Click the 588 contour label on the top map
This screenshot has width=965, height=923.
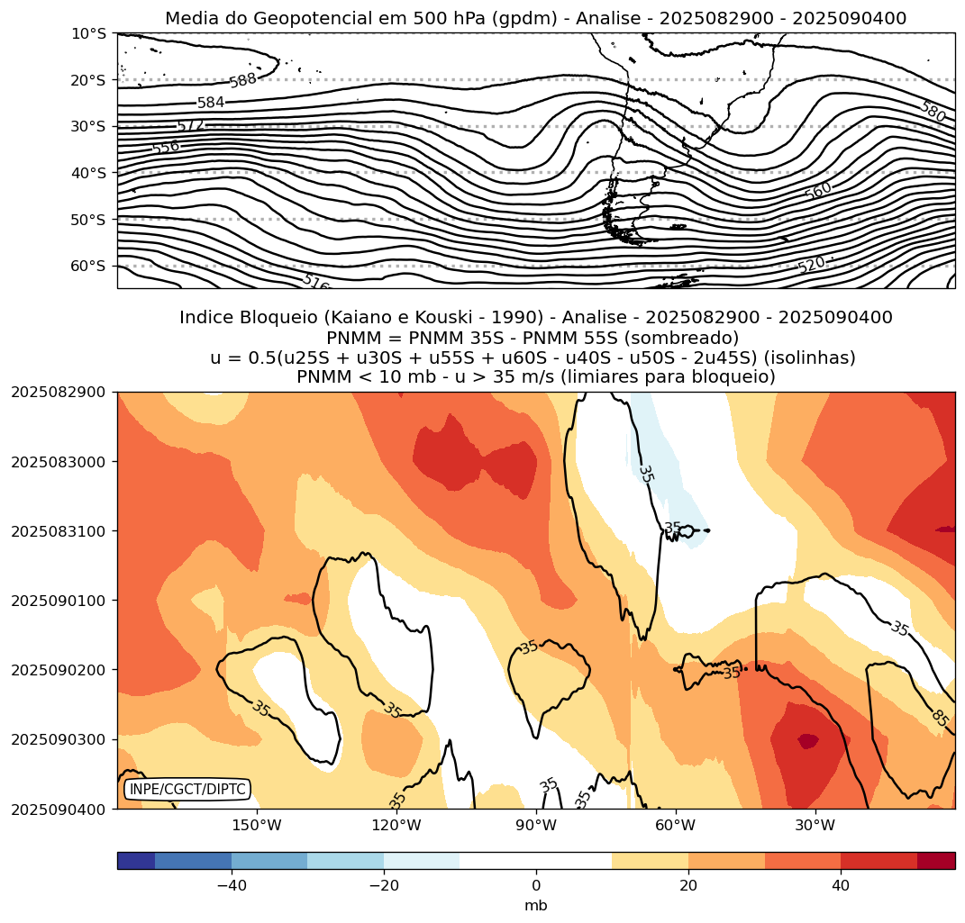point(243,81)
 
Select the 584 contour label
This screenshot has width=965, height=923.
point(211,103)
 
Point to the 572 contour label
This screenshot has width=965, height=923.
point(190,125)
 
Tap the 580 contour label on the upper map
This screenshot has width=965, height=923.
point(933,112)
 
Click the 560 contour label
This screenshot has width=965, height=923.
point(818,191)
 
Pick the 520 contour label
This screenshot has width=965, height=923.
point(811,265)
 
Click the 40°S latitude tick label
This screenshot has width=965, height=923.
point(87,173)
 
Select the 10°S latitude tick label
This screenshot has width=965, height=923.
point(87,34)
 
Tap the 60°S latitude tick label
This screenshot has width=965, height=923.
point(87,266)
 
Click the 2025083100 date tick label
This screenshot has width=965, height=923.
point(58,531)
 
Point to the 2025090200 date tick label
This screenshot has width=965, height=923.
point(58,670)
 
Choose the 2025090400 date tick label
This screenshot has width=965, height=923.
point(58,809)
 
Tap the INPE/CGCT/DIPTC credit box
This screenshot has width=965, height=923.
point(187,790)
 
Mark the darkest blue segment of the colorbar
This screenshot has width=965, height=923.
point(136,861)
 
